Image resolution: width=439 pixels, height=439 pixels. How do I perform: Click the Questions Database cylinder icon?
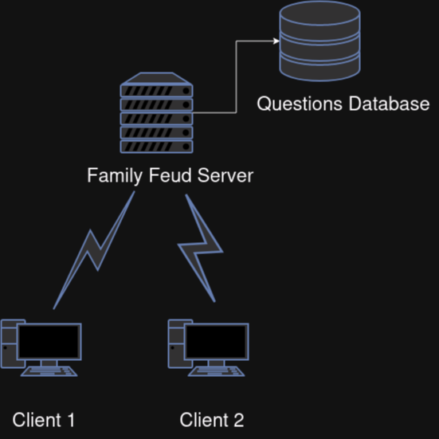pyautogui.click(x=320, y=41)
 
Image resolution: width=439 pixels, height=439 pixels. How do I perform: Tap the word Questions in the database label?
pyautogui.click(x=300, y=104)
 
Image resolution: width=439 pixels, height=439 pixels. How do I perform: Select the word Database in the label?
pyautogui.click(x=389, y=104)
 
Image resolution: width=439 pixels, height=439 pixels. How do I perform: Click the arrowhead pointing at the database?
pyautogui.click(x=276, y=41)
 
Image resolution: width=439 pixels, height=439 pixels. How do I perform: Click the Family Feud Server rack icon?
pyautogui.click(x=156, y=113)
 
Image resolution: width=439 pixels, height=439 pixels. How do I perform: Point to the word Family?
pyautogui.click(x=115, y=176)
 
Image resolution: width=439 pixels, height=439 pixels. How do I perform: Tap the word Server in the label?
pyautogui.click(x=225, y=175)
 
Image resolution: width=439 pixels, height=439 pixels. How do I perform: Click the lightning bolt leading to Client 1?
pyautogui.click(x=94, y=250)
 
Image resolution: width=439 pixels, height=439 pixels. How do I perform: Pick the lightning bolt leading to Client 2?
pyautogui.click(x=201, y=248)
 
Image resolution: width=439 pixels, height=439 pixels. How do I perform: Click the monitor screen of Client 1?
pyautogui.click(x=49, y=342)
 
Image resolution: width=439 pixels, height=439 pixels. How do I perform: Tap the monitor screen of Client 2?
pyautogui.click(x=217, y=342)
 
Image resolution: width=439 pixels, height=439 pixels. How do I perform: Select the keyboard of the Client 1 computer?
pyautogui.click(x=49, y=371)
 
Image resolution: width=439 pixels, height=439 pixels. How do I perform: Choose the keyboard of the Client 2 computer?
pyautogui.click(x=217, y=371)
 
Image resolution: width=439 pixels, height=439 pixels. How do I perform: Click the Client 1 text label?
pyautogui.click(x=44, y=420)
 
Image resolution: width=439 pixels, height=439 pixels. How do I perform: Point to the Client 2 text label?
pyautogui.click(x=212, y=420)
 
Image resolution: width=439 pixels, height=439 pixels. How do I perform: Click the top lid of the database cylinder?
pyautogui.click(x=320, y=14)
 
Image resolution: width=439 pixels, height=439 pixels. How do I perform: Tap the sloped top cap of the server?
pyautogui.click(x=156, y=78)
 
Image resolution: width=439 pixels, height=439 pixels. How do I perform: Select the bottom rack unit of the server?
pyautogui.click(x=156, y=147)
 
